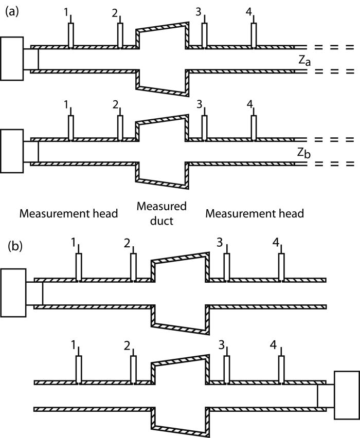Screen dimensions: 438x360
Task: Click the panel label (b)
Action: (x=15, y=245)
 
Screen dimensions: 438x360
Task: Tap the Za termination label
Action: (x=304, y=61)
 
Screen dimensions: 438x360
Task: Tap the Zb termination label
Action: (x=303, y=153)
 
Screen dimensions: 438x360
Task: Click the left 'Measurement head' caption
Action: (x=69, y=213)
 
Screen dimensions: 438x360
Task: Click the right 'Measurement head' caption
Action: (x=255, y=213)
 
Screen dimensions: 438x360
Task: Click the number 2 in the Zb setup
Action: (x=116, y=104)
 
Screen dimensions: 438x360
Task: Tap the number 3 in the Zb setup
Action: (x=199, y=104)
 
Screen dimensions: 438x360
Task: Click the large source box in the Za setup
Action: (x=12, y=59)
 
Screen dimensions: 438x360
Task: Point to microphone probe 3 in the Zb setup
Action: (x=204, y=126)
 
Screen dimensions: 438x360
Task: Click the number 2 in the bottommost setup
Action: (x=128, y=344)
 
